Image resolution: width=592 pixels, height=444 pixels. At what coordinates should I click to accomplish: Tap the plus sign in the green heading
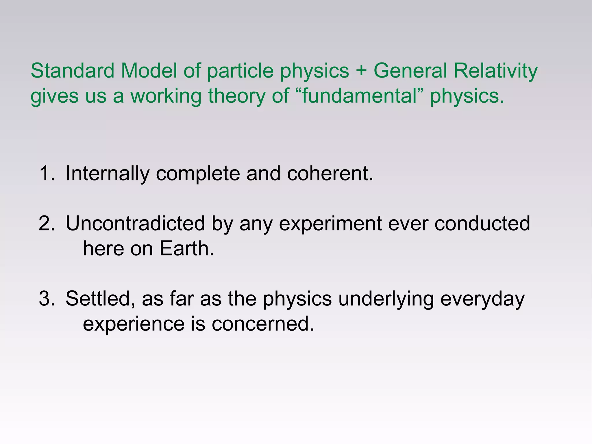tap(361, 71)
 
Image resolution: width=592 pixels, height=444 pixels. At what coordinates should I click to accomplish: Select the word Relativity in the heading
tap(495, 71)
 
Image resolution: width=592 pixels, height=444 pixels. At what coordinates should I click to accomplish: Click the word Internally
tap(107, 174)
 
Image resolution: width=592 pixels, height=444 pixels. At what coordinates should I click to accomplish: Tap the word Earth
tap(187, 248)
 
